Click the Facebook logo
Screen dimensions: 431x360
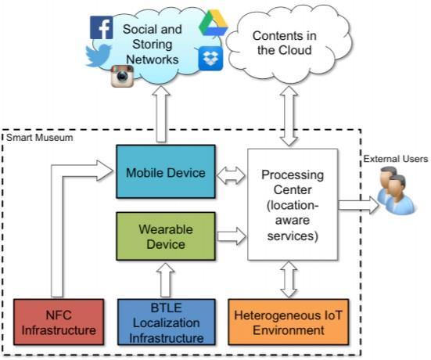point(101,27)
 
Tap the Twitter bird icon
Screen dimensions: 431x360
point(99,56)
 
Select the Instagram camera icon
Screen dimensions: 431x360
point(122,76)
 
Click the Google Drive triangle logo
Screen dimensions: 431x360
point(214,23)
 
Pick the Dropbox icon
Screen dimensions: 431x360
point(210,58)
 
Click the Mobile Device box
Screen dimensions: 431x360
point(166,171)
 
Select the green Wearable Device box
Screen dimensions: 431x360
point(166,236)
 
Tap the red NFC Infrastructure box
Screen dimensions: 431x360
point(59,322)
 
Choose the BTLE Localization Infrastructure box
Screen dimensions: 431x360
point(167,322)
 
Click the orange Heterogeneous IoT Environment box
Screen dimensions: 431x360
point(289,322)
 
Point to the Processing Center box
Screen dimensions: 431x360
point(293,204)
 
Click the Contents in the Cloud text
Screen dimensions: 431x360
point(285,43)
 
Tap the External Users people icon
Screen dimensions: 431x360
point(396,190)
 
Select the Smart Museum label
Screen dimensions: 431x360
point(40,138)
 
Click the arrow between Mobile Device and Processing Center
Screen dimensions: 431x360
point(231,175)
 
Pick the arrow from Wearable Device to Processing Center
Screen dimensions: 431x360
point(232,236)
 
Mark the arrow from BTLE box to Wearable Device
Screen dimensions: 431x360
point(166,279)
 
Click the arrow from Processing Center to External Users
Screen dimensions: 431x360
point(358,205)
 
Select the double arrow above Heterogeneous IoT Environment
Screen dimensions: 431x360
point(289,279)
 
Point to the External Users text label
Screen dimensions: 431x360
point(396,159)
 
